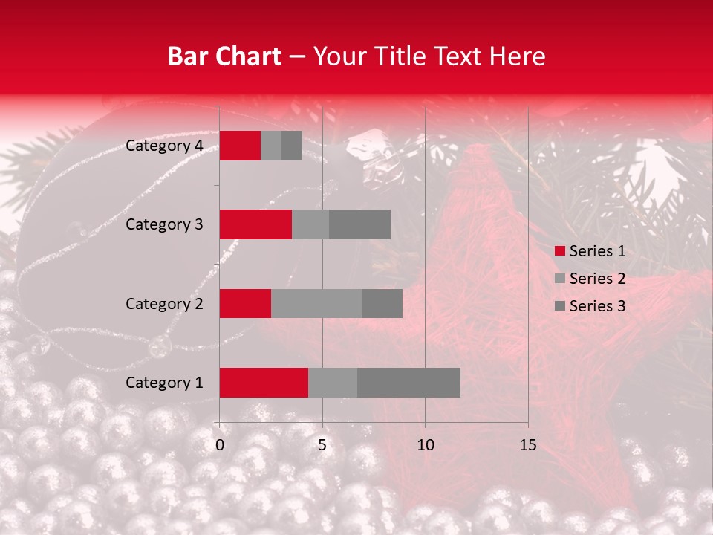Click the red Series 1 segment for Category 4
[240, 146]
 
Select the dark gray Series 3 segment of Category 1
[408, 383]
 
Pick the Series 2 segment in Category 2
[316, 303]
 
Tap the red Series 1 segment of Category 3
[255, 224]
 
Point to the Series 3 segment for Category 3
[359, 224]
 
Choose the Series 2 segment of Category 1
[333, 383]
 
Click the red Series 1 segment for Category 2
[245, 303]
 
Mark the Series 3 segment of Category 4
[292, 146]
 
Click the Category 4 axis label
[164, 146]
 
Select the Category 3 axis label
[164, 224]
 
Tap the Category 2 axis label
[164, 304]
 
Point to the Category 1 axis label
[164, 383]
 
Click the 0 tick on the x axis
[220, 445]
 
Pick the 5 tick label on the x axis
[322, 445]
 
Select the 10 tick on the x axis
[425, 445]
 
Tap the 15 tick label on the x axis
[528, 445]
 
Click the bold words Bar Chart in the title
[224, 56]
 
